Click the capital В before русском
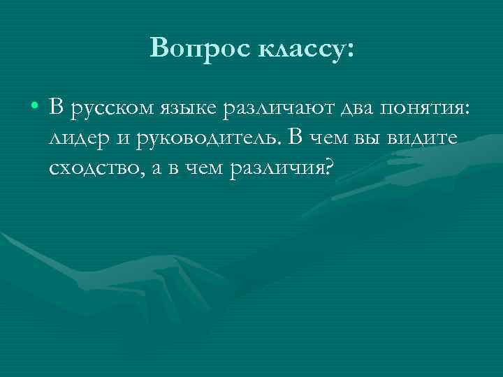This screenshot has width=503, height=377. [57, 108]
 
